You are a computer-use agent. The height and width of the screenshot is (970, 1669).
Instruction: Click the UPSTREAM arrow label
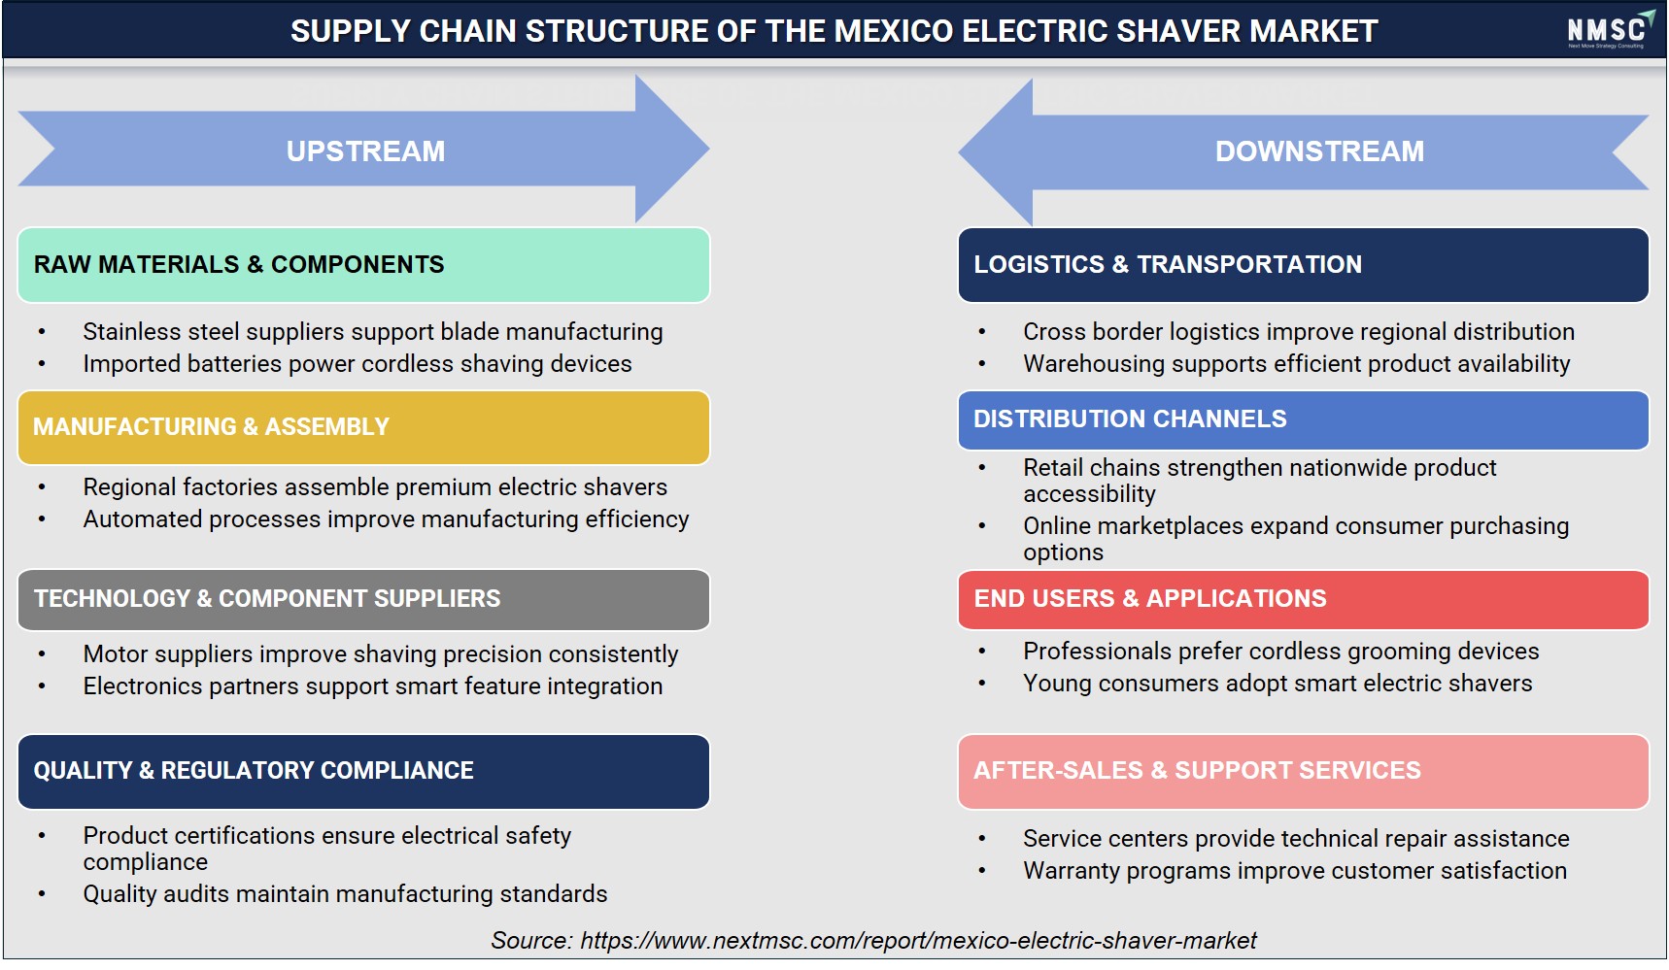[365, 151]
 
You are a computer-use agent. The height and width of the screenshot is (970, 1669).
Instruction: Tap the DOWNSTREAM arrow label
[1319, 151]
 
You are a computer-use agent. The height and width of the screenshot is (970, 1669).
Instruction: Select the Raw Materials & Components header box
[363, 265]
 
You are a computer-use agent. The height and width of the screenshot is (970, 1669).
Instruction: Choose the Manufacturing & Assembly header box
[363, 427]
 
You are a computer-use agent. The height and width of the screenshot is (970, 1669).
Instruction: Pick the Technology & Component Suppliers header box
[363, 599]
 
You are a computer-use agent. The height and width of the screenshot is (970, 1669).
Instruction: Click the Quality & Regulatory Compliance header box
[363, 771]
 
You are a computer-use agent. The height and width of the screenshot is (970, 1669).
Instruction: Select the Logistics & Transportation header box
[1303, 265]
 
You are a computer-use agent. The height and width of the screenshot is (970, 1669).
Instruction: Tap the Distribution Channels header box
[1303, 419]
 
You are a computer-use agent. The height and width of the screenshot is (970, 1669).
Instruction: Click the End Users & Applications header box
[1303, 599]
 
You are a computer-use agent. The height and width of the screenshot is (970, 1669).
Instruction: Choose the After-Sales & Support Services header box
[1303, 771]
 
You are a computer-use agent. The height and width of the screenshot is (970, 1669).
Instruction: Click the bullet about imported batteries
[358, 364]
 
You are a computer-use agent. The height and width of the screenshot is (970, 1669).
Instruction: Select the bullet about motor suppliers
[381, 654]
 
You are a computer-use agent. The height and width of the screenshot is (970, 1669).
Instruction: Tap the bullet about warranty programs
[1295, 871]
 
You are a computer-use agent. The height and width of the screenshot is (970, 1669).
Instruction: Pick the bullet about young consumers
[1277, 684]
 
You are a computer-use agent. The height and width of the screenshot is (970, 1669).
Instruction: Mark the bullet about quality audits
[345, 894]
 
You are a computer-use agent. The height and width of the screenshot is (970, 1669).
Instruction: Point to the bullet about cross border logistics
[1299, 332]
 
